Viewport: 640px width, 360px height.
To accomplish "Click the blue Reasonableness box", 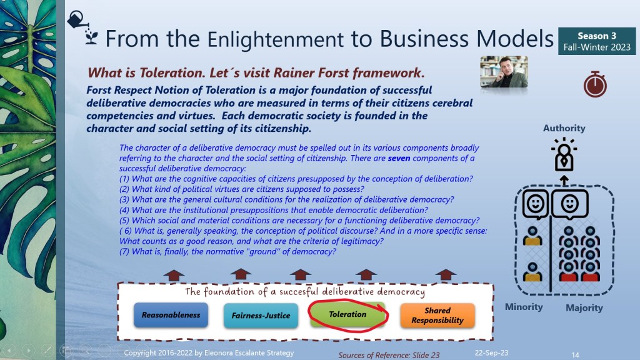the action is pos(171,315).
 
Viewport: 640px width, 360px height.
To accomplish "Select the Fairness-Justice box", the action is pos(261,316).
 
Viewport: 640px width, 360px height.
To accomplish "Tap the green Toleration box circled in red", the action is pos(347,314).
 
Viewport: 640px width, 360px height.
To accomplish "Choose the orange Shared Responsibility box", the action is pos(437,316).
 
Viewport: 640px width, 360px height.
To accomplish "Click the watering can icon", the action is pos(77,19).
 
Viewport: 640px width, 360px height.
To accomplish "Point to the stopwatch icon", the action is pos(595,84).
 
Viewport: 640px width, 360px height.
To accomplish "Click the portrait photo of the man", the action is pos(504,72).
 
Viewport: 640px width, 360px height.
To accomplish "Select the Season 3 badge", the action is pos(597,41).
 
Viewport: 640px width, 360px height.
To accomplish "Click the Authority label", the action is pos(564,128).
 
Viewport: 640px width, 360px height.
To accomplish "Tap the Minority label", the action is pos(524,307).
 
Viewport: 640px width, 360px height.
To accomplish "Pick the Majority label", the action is pos(584,307).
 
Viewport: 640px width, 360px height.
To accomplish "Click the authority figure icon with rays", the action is pos(564,155).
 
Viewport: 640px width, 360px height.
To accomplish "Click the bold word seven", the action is pos(399,158).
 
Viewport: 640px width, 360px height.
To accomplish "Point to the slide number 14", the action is pos(575,355).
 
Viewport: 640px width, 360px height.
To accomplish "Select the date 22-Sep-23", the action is pos(491,352).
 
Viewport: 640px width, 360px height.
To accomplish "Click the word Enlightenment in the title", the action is pos(276,39).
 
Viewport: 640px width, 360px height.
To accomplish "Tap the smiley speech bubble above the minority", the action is pos(536,204).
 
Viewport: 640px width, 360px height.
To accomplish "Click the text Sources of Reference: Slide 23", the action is pos(389,355).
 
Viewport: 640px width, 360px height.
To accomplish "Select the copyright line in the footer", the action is pos(209,352).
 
